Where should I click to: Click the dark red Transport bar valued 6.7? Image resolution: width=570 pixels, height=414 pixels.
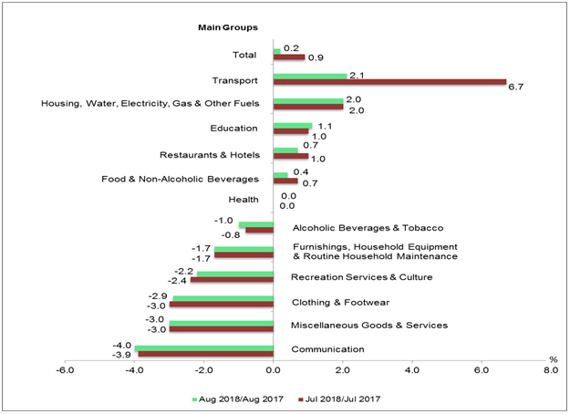click(389, 82)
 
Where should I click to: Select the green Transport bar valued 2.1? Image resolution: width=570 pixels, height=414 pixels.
click(310, 76)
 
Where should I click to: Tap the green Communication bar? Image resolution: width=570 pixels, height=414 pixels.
click(204, 347)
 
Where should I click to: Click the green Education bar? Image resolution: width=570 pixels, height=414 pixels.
click(293, 125)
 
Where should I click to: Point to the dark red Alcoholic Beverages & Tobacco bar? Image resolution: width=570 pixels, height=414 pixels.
click(259, 230)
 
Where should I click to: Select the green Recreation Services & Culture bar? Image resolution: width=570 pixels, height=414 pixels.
click(234, 274)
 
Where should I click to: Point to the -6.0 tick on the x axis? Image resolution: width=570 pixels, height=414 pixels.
click(65, 369)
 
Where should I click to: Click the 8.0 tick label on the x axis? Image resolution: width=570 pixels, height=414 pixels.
click(550, 369)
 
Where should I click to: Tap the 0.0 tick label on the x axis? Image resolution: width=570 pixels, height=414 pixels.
click(273, 369)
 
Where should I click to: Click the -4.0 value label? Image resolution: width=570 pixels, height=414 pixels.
click(121, 344)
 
